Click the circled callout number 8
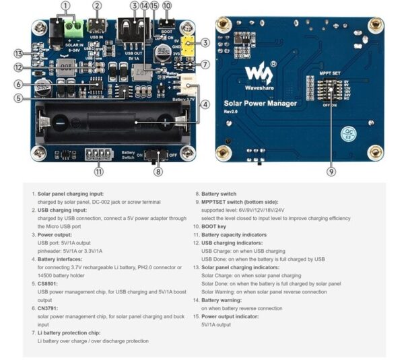pos(158,172)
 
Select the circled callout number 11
pos(99,172)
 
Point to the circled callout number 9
pos(331,172)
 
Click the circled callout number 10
pos(167,5)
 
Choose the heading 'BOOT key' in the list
pos(218,226)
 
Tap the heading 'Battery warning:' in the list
pos(224,300)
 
